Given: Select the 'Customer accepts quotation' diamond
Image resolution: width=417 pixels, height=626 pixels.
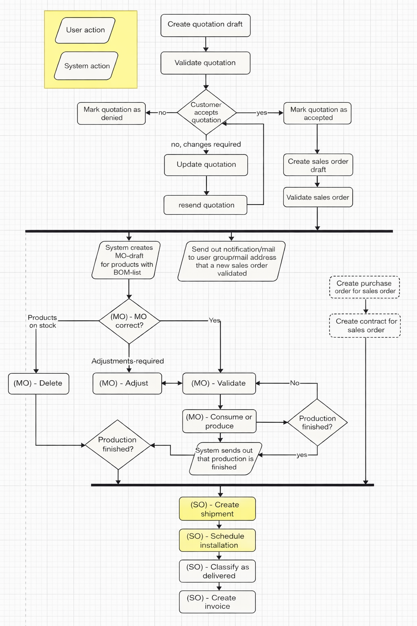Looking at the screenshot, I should pyautogui.click(x=206, y=112).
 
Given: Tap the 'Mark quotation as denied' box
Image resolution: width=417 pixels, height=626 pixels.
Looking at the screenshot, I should pyautogui.click(x=112, y=113).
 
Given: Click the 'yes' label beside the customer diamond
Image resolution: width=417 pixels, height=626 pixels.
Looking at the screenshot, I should pyautogui.click(x=262, y=113).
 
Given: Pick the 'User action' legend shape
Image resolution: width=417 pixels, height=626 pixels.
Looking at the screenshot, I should pyautogui.click(x=85, y=30).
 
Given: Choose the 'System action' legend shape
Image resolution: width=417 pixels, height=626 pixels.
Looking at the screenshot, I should pyautogui.click(x=86, y=66).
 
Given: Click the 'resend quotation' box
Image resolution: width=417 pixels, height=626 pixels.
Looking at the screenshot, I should pyautogui.click(x=206, y=205).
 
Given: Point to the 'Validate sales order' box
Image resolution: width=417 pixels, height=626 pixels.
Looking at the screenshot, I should pyautogui.click(x=318, y=197).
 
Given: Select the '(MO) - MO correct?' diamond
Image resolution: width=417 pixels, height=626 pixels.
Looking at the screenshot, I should pyautogui.click(x=129, y=321).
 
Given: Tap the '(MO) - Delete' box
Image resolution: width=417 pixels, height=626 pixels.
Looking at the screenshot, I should pyautogui.click(x=38, y=384).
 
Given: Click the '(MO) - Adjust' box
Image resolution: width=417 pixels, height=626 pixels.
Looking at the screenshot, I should pyautogui.click(x=127, y=384).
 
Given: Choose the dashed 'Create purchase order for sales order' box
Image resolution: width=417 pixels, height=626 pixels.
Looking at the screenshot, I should pyautogui.click(x=364, y=287).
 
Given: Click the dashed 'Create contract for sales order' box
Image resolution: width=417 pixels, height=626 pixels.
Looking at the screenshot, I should pyautogui.click(x=365, y=326).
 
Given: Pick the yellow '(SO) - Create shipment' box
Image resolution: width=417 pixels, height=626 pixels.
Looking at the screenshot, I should pyautogui.click(x=217, y=509).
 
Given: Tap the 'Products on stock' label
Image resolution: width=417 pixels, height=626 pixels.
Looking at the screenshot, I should pyautogui.click(x=42, y=321).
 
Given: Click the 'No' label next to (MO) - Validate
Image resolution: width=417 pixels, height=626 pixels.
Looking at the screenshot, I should pyautogui.click(x=294, y=383).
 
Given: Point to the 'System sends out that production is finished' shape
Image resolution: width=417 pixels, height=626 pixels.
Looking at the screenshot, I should pyautogui.click(x=225, y=459).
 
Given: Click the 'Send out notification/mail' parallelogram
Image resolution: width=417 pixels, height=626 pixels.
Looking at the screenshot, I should pyautogui.click(x=232, y=261).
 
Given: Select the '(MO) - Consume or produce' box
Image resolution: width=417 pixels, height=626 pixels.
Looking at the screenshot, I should pyautogui.click(x=219, y=421).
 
